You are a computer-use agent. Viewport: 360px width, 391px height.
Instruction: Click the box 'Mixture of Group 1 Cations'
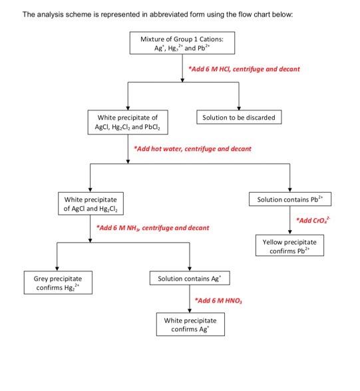pos(182,43)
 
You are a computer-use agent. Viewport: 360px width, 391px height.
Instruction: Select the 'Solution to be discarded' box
pos(239,118)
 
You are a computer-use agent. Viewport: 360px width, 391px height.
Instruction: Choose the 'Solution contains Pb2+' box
pos(289,199)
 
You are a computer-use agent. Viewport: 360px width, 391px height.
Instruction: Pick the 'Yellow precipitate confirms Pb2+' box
pos(289,247)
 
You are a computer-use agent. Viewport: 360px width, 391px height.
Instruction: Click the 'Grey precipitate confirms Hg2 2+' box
pos(58,283)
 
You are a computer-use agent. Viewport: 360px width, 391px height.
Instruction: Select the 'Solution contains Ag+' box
pos(190,278)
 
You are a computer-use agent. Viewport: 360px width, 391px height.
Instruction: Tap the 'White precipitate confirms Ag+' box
pos(190,325)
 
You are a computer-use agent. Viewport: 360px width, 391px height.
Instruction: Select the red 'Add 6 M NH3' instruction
pos(152,228)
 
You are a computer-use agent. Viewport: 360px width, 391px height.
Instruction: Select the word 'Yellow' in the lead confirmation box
pos(275,242)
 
